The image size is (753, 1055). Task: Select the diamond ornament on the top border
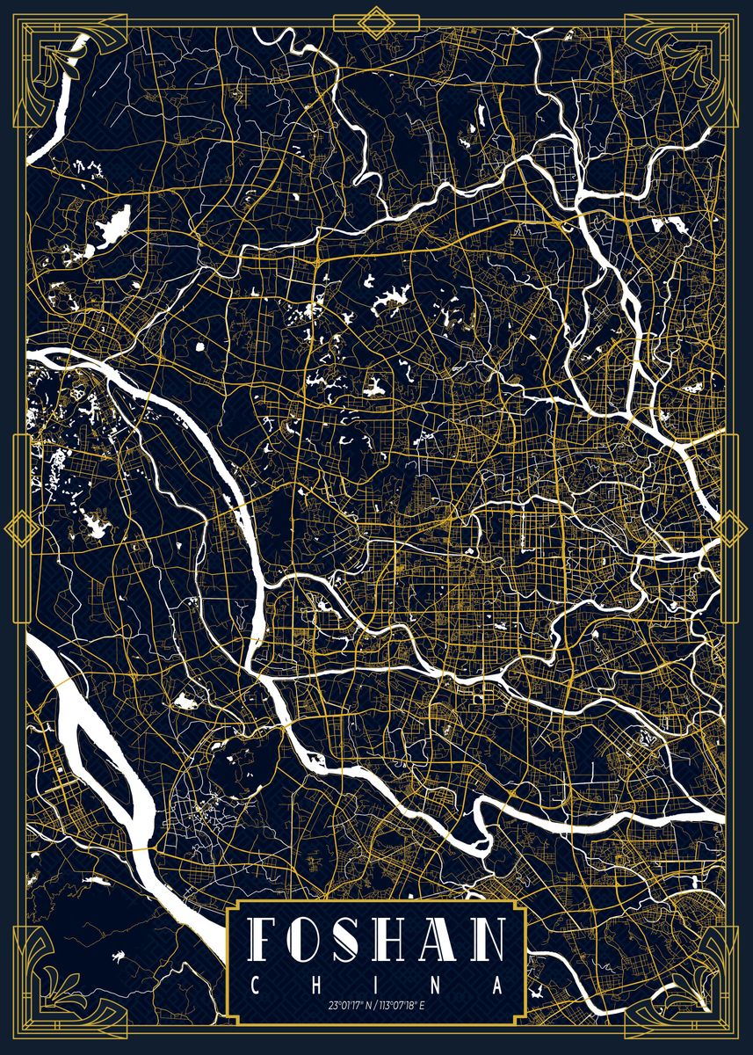click(x=377, y=20)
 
